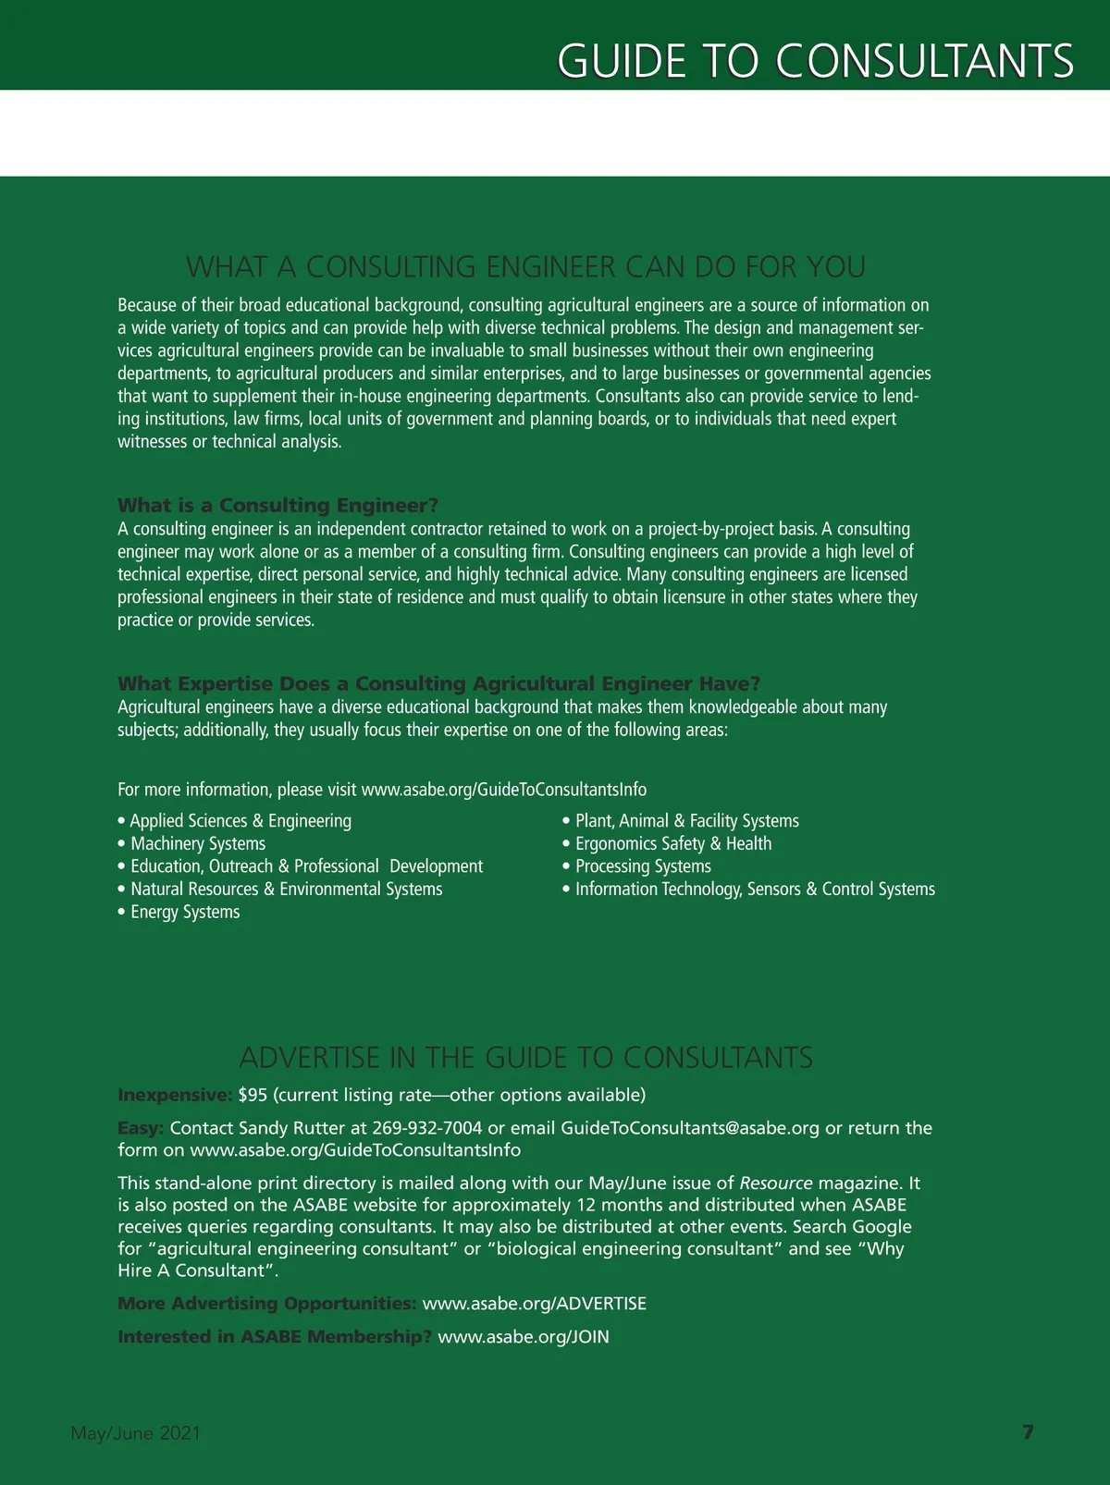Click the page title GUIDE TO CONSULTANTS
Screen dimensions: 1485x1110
[815, 61]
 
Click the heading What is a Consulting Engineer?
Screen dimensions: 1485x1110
[277, 505]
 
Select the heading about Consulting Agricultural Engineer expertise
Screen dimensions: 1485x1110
[438, 683]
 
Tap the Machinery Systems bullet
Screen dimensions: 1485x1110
[198, 843]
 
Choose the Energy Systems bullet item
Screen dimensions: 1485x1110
[185, 912]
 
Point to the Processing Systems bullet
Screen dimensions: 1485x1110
[643, 866]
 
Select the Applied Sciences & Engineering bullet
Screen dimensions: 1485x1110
[240, 821]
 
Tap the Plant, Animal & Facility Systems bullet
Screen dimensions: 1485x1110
[686, 821]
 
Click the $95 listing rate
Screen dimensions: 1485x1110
[253, 1095]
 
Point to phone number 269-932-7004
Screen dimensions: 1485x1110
[427, 1128]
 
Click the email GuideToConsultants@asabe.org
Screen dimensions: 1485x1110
[690, 1128]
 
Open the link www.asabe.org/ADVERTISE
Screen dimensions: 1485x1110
[535, 1304]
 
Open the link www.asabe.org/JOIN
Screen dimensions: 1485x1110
[524, 1337]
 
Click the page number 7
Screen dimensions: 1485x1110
[1028, 1432]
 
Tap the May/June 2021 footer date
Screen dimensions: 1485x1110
[136, 1433]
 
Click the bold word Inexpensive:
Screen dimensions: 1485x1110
[175, 1095]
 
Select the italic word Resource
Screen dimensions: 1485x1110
[776, 1183]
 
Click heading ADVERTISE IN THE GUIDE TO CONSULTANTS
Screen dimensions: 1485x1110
[526, 1057]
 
